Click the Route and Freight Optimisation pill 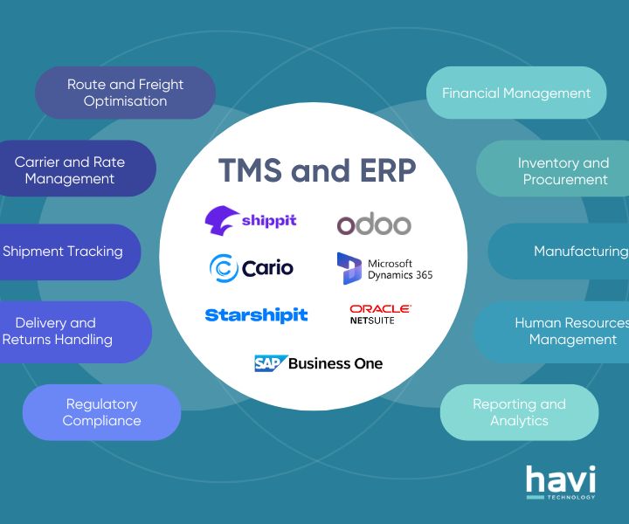tap(125, 93)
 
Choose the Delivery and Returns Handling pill tap(61, 331)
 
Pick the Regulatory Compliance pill tap(101, 412)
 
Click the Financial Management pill tap(516, 93)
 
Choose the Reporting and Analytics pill tap(519, 412)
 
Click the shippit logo tap(251, 220)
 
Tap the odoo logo tap(374, 224)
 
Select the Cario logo tap(252, 266)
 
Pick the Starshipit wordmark tap(256, 314)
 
